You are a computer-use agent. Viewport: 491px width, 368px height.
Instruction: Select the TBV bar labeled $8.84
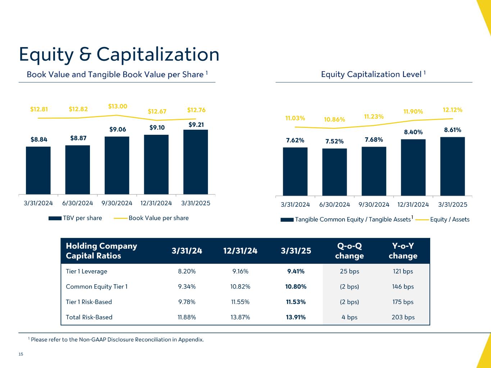tap(38, 170)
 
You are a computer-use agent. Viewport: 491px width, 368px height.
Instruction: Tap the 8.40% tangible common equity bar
tap(413, 167)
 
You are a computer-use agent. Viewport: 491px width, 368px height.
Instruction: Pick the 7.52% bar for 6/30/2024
tap(335, 172)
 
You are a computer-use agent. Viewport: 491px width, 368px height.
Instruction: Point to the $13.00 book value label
tap(118, 106)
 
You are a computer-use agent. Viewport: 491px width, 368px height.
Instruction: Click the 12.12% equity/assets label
tap(453, 110)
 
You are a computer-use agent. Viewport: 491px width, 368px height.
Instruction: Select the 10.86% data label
tap(335, 119)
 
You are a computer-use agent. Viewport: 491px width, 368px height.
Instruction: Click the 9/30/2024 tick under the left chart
tap(117, 203)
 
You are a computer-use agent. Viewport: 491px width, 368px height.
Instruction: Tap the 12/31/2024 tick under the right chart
tap(413, 204)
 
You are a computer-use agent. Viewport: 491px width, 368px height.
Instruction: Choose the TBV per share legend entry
tap(76, 218)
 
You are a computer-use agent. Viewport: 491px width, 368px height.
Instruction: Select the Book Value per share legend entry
tap(151, 218)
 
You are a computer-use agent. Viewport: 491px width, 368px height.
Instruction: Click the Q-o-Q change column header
tap(349, 251)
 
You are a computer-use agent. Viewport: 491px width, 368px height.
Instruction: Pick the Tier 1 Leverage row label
tap(86, 271)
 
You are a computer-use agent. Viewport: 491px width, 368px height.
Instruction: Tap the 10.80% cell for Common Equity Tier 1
tap(296, 287)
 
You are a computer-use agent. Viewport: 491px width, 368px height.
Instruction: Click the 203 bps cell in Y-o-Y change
tap(403, 317)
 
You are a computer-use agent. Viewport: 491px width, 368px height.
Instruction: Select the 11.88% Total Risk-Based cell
tap(187, 317)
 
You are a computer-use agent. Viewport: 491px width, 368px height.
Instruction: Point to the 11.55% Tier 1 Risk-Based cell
tap(240, 302)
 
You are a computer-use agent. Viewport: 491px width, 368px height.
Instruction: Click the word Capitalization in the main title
tap(158, 55)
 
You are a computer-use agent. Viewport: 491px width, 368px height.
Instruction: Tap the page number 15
tap(21, 355)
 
